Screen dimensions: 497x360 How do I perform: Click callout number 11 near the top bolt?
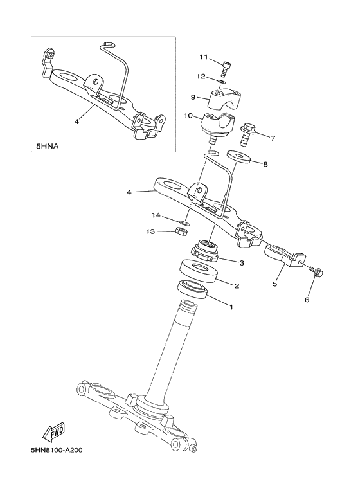[x=203, y=57]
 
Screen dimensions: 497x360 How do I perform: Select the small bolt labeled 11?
[x=226, y=66]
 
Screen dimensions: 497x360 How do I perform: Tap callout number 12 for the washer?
[x=201, y=77]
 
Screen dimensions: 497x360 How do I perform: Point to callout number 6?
[x=307, y=300]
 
